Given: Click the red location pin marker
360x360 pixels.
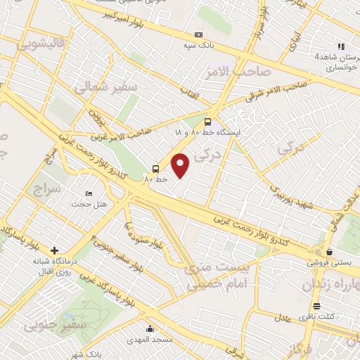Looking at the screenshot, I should (181, 165).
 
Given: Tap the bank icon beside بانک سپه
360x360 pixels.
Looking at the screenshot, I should (198, 34).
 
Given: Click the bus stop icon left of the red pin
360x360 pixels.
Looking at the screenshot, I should (155, 169).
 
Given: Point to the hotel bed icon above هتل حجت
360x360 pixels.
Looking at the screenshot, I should (89, 193).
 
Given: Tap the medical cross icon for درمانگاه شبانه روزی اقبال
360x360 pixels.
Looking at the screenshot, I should (54, 250).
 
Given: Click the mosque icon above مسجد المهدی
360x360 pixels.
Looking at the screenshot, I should (150, 328).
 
